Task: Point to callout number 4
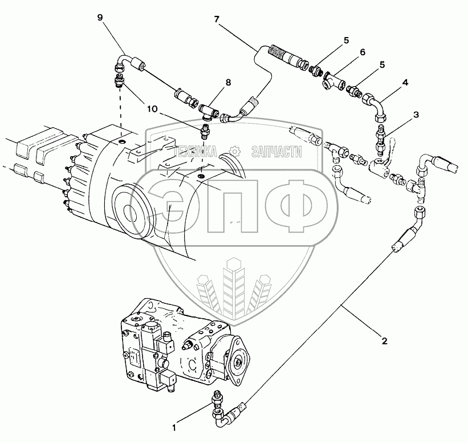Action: [x=405, y=83]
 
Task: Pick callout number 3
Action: [x=416, y=115]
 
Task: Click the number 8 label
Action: [x=228, y=83]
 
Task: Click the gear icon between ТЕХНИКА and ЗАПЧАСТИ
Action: [x=233, y=151]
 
